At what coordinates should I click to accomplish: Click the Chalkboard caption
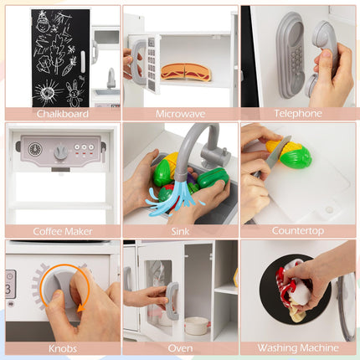[x=63, y=114]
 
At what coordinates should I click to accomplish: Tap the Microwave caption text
[x=181, y=114]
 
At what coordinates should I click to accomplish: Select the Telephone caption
[x=298, y=113]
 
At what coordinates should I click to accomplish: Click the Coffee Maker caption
[x=63, y=231]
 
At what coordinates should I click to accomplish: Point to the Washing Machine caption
[x=298, y=348]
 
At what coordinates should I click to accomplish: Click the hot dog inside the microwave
[x=186, y=72]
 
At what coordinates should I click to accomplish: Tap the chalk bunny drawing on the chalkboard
[x=73, y=94]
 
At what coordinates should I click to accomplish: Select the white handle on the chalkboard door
[x=83, y=61]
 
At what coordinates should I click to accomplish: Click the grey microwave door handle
[x=135, y=62]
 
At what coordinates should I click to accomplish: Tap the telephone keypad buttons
[x=296, y=61]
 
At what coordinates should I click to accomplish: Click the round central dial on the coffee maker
[x=60, y=152]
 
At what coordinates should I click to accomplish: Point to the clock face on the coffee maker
[x=35, y=150]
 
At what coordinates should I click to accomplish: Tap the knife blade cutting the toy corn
[x=278, y=152]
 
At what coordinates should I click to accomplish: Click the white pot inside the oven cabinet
[x=197, y=326]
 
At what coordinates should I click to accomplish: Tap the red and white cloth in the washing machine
[x=294, y=287]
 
